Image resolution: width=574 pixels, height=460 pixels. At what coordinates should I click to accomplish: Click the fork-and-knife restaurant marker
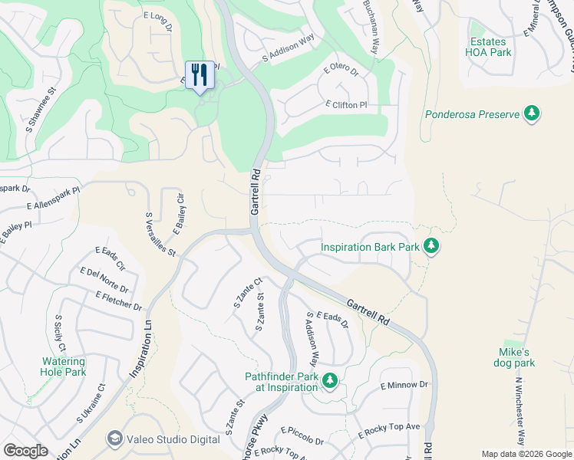pos(200,75)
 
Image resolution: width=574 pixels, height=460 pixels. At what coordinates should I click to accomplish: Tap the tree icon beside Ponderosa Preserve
pos(530,115)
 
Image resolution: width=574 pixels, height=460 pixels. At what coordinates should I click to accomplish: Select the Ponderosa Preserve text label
pos(472,115)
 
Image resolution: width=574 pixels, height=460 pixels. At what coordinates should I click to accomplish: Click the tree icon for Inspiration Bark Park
pos(432,247)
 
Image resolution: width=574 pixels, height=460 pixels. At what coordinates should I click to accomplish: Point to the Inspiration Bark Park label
pos(370,247)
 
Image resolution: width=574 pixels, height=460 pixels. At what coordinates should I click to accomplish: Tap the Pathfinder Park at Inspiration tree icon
pos(330,381)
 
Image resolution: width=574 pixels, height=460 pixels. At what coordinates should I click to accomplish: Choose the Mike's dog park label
pos(515,357)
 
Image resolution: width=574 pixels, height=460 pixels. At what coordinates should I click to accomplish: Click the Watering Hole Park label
pos(64,366)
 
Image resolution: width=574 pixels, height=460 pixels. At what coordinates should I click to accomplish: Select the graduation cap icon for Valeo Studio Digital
pos(115,438)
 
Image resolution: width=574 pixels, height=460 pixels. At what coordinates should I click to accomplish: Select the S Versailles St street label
pos(160,235)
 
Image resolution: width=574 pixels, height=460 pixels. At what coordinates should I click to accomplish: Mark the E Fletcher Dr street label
pos(119,301)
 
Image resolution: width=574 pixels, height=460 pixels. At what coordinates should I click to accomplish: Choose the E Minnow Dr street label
pos(404,384)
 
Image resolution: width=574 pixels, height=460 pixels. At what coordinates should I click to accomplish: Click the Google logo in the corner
pos(25,451)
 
